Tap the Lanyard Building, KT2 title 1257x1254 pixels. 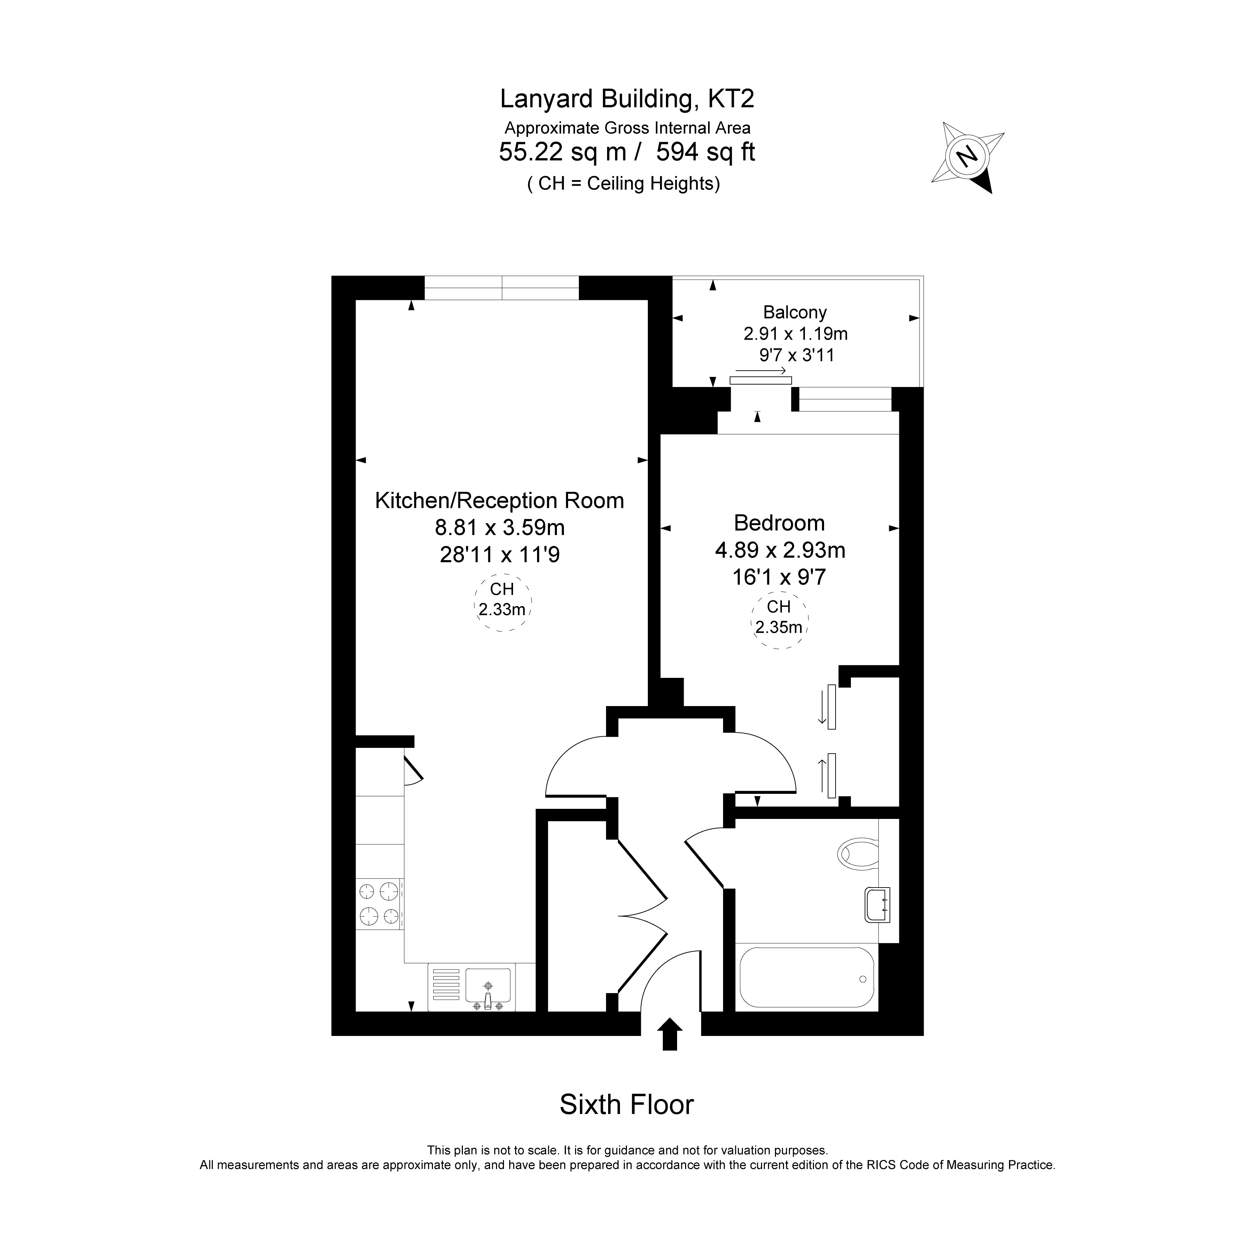(x=627, y=99)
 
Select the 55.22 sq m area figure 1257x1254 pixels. (x=563, y=152)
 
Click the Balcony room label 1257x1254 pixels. (x=795, y=312)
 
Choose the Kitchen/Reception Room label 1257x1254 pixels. (x=500, y=501)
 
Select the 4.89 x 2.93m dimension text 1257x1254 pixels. (x=780, y=550)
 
